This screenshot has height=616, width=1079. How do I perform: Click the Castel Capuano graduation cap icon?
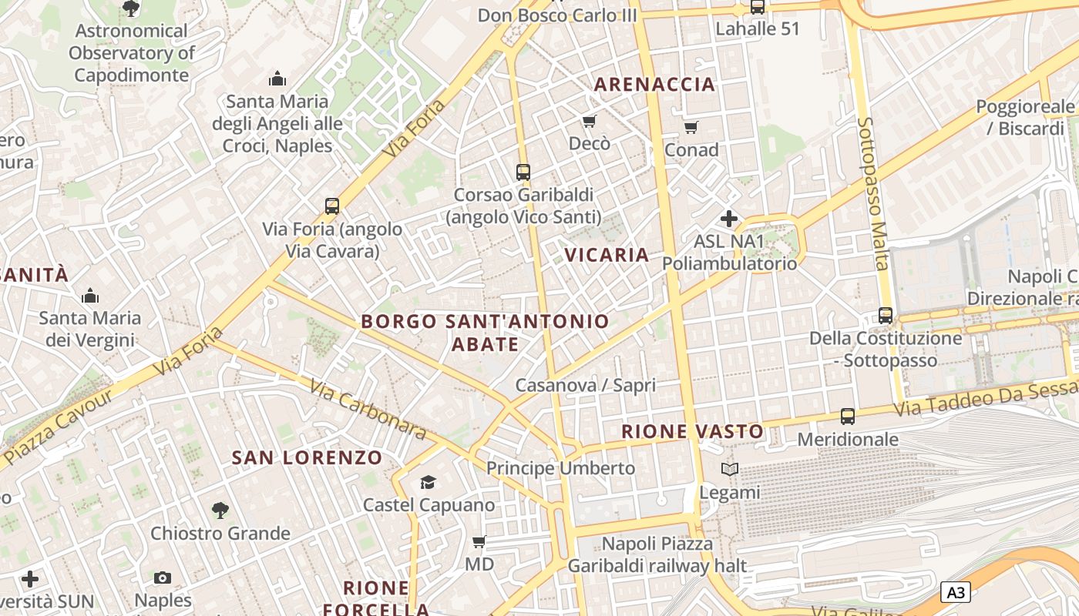428,482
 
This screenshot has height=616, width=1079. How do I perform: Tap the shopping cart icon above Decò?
590,121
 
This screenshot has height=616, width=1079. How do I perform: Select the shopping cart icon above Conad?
691,127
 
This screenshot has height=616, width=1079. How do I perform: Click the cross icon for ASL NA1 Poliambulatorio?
729,219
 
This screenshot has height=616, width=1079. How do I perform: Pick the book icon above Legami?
729,469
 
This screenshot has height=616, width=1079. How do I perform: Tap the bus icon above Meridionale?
848,417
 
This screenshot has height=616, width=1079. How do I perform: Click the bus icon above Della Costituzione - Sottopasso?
886,315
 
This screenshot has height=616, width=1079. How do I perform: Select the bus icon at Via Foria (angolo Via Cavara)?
332,206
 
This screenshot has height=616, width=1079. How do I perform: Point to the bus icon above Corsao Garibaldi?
523,172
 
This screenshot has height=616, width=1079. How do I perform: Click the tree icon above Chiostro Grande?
220,510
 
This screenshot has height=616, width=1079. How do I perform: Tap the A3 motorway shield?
955,592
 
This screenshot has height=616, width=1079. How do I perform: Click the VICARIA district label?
607,255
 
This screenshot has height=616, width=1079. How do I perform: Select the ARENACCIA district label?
654,85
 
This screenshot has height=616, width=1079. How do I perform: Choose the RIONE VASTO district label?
692,431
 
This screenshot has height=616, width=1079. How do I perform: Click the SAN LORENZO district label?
308,457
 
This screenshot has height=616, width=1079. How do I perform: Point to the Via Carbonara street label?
368,409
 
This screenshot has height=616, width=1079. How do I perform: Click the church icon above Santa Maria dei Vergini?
90,296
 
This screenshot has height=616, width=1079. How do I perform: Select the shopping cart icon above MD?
479,542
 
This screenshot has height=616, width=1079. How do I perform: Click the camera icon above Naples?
163,577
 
